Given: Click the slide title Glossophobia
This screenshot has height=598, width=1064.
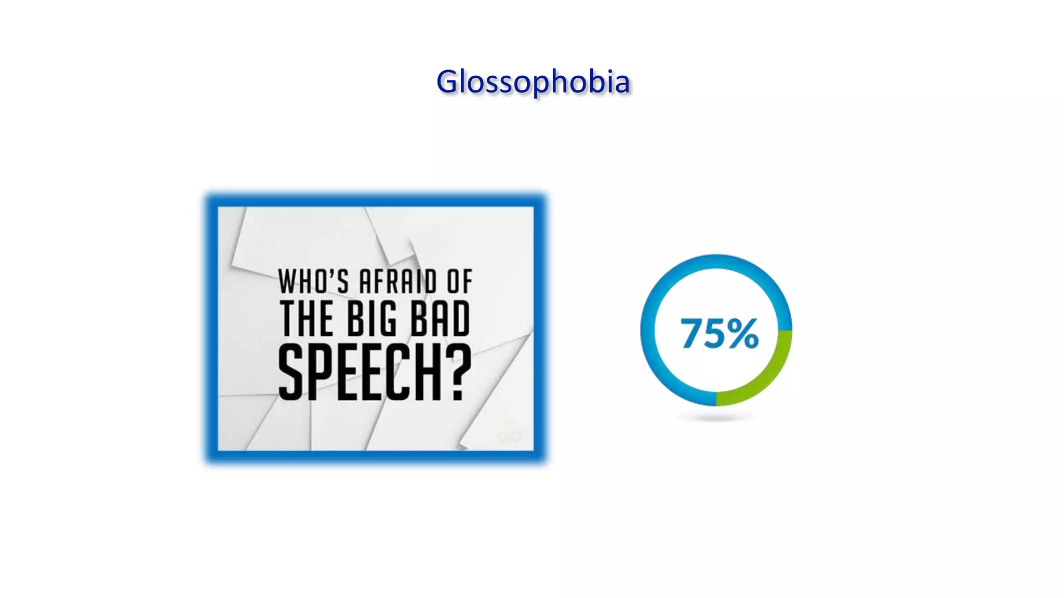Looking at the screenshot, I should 533,82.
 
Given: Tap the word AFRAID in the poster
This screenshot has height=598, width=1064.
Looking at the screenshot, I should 398,282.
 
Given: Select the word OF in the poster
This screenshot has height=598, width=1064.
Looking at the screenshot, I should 460,282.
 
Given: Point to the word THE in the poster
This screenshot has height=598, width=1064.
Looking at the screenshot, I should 307,318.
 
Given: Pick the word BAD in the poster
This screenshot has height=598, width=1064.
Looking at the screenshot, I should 441,318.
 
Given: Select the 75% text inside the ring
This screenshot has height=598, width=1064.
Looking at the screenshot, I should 720,333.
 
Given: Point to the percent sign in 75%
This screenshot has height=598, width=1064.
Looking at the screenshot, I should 743,333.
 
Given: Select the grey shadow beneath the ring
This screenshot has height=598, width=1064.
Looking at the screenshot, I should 716,417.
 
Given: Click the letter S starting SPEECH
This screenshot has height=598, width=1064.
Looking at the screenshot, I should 290,372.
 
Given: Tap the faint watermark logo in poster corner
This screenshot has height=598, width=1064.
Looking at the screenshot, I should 511,432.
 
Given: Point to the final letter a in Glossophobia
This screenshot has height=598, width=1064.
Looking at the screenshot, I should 622,84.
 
